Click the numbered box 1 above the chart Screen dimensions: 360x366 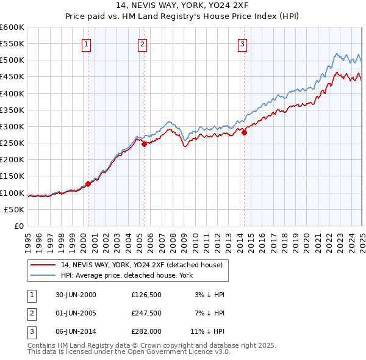pos(87,44)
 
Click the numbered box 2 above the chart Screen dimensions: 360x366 pos(142,44)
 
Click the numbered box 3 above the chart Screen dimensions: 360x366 pos(242,44)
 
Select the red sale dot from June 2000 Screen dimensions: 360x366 pos(88,184)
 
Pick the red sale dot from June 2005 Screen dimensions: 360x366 pos(145,144)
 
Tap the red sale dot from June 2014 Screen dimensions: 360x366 pos(244,132)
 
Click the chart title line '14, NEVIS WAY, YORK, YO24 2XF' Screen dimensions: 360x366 pos(183,6)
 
